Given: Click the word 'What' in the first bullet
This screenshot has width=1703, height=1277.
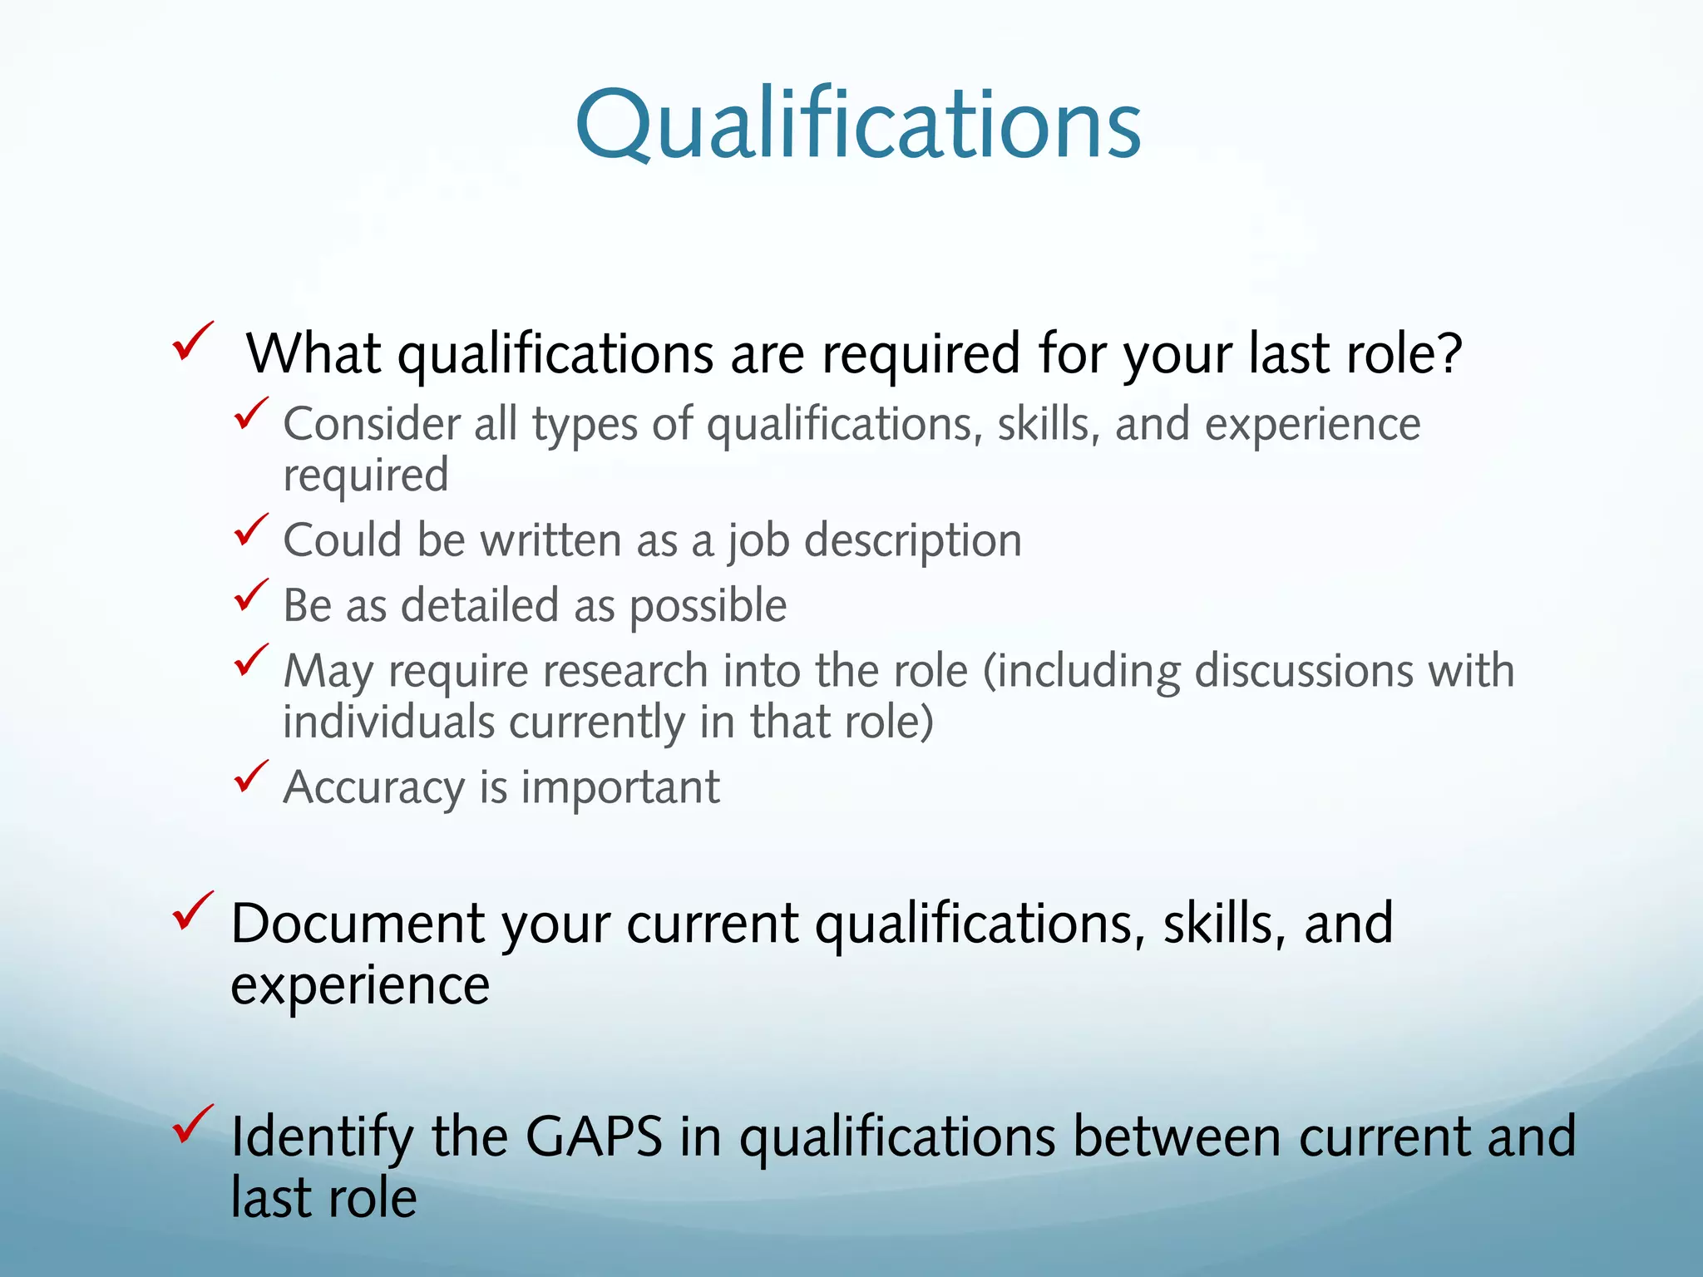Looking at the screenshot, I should coord(313,353).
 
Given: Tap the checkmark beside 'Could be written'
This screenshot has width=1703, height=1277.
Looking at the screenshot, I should coord(250,530).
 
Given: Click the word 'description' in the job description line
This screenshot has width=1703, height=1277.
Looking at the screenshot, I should coord(912,541).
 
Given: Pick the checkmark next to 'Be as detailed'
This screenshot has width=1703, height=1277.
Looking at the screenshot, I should coord(250,594).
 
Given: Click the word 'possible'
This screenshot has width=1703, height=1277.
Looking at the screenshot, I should coord(707,606).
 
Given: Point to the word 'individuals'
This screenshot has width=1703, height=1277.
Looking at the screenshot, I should coord(388,722).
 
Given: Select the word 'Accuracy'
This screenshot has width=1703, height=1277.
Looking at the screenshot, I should coord(373,788).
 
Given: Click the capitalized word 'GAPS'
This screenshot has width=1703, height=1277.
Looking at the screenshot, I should coord(594,1136).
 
